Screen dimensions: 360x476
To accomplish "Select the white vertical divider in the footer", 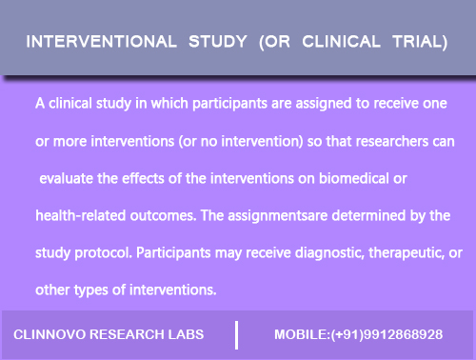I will [x=237, y=334].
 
